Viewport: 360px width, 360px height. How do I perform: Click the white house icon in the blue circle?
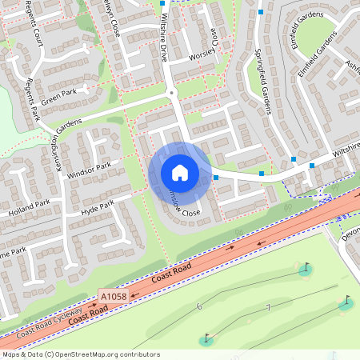pyautogui.click(x=180, y=172)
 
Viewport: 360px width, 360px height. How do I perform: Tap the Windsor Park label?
pyautogui.click(x=89, y=170)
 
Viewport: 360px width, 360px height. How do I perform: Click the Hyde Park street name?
pyautogui.click(x=97, y=207)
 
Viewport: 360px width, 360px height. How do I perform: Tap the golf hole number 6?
pyautogui.click(x=199, y=306)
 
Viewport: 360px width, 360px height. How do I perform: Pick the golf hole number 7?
pyautogui.click(x=269, y=309)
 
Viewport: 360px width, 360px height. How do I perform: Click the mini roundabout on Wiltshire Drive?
pyautogui.click(x=171, y=94)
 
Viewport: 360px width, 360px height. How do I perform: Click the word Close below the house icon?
pyautogui.click(x=190, y=213)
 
